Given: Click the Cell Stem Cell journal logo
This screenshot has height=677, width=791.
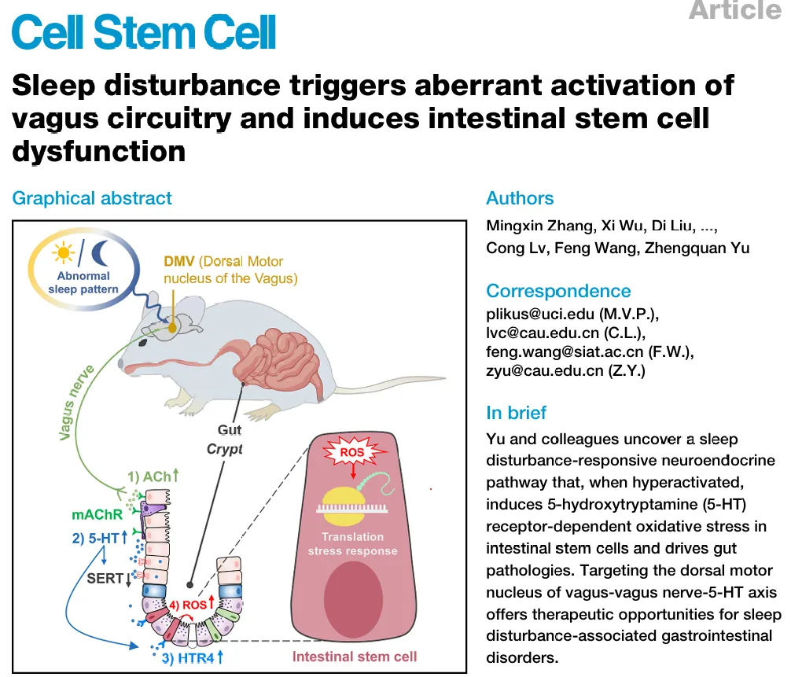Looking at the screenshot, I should (x=144, y=33).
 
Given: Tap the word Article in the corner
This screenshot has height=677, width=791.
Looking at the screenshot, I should (x=735, y=10).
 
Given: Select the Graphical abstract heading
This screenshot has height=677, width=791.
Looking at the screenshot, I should (x=92, y=198).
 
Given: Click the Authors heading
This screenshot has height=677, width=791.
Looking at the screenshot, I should (x=520, y=198).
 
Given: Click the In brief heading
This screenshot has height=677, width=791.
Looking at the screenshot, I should (x=516, y=413).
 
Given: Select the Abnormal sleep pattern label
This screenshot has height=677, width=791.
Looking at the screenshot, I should (x=83, y=282).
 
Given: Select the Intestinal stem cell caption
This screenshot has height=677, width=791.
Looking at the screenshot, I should (x=355, y=657).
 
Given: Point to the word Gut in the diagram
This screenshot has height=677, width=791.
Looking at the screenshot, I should (x=230, y=430).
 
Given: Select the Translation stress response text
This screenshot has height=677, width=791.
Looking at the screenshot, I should (x=353, y=544).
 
